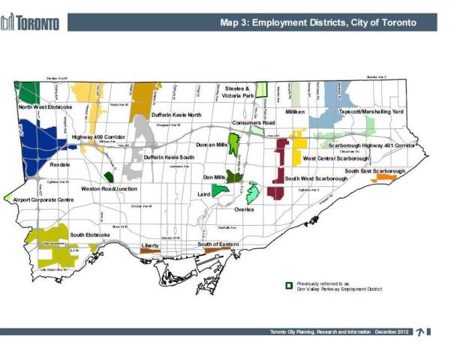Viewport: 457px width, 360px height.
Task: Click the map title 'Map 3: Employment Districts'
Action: (x=317, y=22)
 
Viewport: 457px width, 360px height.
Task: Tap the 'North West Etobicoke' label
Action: (x=46, y=107)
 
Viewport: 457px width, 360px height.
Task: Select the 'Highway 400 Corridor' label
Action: (x=98, y=138)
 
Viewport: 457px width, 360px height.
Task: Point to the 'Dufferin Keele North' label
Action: (x=176, y=115)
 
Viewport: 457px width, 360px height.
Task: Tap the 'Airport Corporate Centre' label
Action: (x=44, y=200)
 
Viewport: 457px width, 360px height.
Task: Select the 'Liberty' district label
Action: (x=150, y=245)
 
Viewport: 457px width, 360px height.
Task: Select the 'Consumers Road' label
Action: (x=254, y=122)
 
